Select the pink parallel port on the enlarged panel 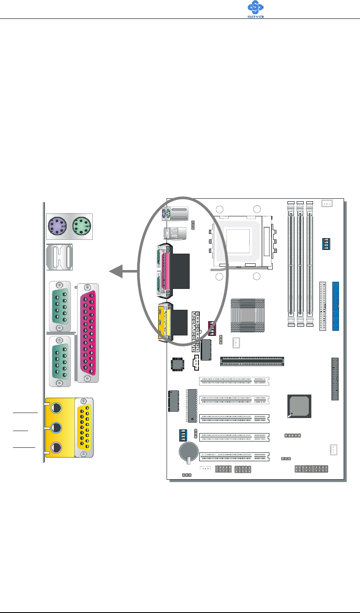[88, 334]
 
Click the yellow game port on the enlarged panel [85, 427]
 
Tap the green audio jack [56, 407]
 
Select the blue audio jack [56, 428]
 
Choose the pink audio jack [56, 448]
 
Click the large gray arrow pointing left [123, 273]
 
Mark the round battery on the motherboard [188, 451]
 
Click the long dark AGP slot [252, 361]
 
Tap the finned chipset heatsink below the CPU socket [248, 316]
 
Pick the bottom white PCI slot [234, 457]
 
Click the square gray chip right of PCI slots [300, 406]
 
